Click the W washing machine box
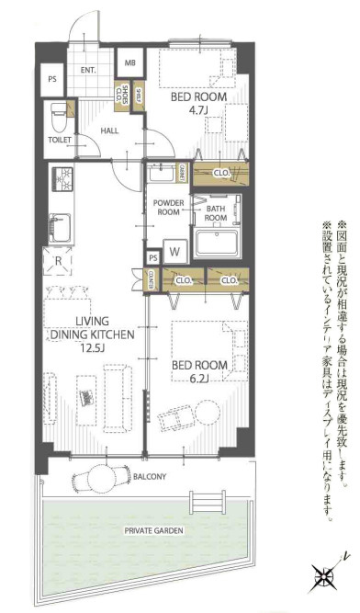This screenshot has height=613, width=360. (x=174, y=250)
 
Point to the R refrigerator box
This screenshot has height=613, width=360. (x=59, y=260)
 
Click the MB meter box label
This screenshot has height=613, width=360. (x=130, y=63)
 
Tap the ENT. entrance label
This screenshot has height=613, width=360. (x=90, y=70)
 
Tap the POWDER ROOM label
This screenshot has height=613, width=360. (x=170, y=206)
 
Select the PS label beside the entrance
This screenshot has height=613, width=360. (x=51, y=79)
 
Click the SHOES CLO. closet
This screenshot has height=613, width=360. (x=124, y=96)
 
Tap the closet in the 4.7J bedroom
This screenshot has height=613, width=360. (x=221, y=171)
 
